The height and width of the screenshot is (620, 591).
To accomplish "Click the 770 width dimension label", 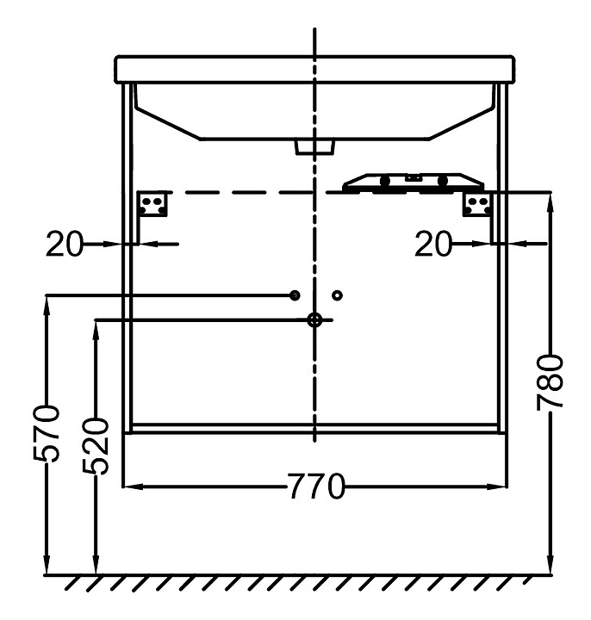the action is click(315, 487).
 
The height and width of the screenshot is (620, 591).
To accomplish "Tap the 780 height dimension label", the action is click(550, 383).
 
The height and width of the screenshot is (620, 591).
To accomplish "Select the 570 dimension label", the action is click(47, 433).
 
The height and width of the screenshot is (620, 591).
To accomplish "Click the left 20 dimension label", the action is click(65, 244).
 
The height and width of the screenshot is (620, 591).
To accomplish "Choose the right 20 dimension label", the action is click(433, 244).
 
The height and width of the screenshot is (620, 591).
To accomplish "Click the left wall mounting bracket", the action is click(152, 204).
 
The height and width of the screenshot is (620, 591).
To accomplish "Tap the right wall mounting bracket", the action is click(477, 204).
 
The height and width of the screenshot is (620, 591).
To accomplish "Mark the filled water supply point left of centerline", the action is click(295, 295).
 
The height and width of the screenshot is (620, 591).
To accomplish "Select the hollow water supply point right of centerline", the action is click(337, 295).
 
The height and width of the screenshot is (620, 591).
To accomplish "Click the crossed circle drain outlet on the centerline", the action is click(314, 319).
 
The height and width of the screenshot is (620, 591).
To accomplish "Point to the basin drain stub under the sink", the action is click(314, 147).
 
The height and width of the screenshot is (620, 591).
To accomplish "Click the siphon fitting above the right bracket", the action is click(413, 183).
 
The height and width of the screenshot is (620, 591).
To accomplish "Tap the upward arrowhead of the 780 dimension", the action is click(550, 202).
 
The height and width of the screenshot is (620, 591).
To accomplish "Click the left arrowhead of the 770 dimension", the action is click(133, 487).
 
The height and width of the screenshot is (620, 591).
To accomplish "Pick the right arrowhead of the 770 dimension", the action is click(497, 487).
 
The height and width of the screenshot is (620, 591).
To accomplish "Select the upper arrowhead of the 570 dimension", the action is click(47, 305).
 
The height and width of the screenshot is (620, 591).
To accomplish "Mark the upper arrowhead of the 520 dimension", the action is click(96, 331).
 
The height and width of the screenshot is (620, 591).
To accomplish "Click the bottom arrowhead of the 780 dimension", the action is click(550, 564).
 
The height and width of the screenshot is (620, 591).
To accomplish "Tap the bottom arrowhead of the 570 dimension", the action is click(47, 564).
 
